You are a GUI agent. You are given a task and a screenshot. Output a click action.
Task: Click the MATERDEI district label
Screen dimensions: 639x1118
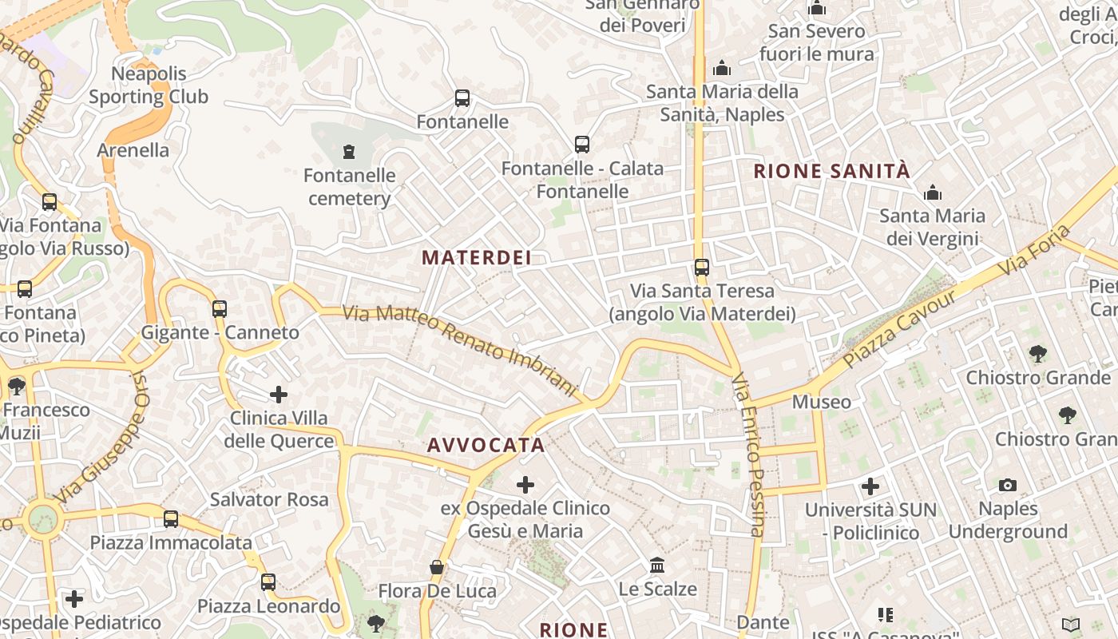(476, 258)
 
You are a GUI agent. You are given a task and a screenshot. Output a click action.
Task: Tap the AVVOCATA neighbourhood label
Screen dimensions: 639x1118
(486, 446)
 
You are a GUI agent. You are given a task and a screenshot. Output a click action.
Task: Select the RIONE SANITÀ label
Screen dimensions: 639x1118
(831, 171)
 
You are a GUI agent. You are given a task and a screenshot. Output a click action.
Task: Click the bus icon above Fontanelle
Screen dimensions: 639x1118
(462, 98)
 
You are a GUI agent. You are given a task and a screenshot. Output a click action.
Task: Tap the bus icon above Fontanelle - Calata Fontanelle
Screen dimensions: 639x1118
(582, 145)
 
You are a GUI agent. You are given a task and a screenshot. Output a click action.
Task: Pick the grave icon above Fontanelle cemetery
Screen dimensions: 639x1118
(348, 151)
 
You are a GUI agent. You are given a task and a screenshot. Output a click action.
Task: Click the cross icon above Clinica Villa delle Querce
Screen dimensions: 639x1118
(279, 395)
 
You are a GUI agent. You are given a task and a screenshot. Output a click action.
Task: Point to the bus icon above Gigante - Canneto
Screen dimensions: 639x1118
(220, 308)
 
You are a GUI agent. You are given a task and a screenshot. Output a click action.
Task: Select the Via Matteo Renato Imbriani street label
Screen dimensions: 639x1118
(462, 350)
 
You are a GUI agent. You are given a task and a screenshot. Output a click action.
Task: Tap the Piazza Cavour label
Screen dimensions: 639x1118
(899, 329)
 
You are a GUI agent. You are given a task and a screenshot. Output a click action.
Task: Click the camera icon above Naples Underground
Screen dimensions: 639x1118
(1008, 485)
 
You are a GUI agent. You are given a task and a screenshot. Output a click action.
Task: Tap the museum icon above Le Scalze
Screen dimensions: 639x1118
(657, 566)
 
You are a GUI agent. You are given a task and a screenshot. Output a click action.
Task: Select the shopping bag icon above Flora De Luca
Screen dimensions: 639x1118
(437, 567)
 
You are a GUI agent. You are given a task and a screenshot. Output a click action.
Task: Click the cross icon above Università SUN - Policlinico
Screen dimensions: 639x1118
(870, 486)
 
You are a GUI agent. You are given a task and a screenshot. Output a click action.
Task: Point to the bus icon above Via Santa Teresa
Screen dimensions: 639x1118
(702, 267)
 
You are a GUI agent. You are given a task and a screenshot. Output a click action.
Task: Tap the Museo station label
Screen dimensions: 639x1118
(821, 402)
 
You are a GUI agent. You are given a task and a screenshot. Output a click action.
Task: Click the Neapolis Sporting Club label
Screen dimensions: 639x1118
(149, 85)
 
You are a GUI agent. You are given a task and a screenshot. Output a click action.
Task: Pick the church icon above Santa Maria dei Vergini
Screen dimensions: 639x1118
(932, 192)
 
